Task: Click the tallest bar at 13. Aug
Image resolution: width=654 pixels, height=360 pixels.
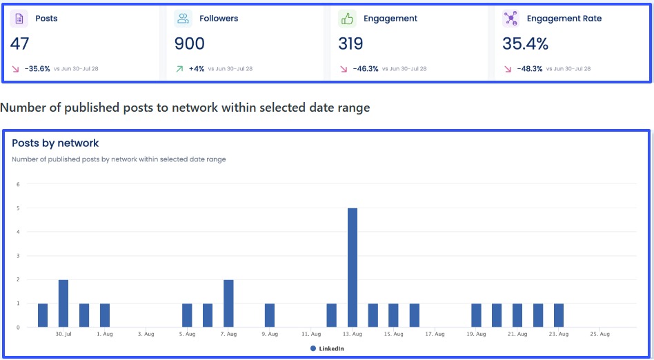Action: (353, 267)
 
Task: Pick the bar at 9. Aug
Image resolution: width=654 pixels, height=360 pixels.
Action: (270, 314)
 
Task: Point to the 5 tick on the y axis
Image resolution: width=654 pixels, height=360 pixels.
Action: (19, 208)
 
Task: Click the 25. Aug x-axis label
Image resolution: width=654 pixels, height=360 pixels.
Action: (600, 334)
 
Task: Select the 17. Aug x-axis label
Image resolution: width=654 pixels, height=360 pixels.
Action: (435, 334)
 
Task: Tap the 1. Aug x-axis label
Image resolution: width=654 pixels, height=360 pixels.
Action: (105, 334)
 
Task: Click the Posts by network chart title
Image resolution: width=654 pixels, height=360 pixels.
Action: (55, 143)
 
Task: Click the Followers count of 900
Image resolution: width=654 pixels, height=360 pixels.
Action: (190, 44)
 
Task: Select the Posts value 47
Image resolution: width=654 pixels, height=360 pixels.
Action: (20, 44)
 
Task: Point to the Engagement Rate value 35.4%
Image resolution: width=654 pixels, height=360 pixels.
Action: (526, 44)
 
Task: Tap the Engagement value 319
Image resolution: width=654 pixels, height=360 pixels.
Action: (351, 44)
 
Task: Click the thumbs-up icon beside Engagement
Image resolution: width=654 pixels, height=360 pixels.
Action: (346, 19)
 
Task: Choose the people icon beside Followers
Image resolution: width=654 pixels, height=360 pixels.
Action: (183, 19)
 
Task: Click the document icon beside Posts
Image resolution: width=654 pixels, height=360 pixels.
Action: (19, 19)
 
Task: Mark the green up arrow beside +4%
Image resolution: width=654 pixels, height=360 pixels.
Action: (180, 69)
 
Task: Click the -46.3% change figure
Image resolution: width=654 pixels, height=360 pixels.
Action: (366, 69)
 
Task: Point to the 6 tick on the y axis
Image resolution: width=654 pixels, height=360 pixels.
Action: (19, 184)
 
